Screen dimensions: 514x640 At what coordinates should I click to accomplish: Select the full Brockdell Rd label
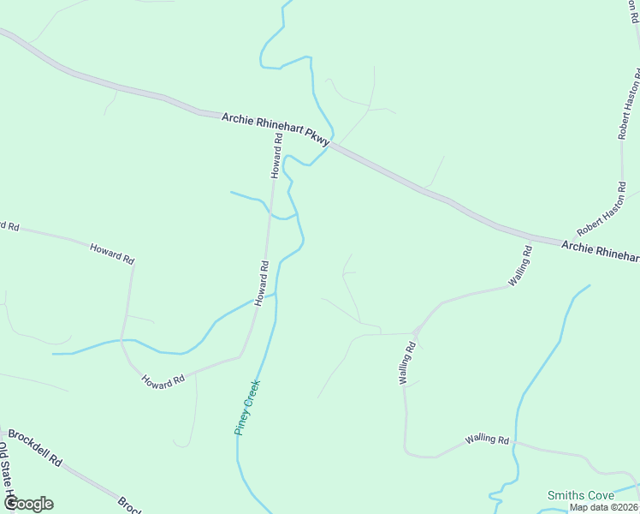click(x=35, y=447)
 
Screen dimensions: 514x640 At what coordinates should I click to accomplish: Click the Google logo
click(x=28, y=504)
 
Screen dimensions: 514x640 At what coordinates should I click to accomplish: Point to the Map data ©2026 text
click(x=603, y=507)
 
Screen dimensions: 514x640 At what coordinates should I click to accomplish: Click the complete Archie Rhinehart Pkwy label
click(x=276, y=129)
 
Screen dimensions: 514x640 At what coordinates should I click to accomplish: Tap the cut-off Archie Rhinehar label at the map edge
click(x=600, y=251)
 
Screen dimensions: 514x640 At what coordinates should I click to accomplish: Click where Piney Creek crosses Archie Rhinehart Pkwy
click(x=329, y=145)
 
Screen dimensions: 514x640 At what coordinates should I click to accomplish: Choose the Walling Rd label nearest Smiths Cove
click(x=487, y=440)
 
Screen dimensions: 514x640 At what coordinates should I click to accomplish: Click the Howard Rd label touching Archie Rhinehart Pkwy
click(x=276, y=155)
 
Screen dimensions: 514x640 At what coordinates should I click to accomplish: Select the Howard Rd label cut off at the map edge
click(x=9, y=226)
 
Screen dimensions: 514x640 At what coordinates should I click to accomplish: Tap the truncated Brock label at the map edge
click(x=128, y=505)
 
